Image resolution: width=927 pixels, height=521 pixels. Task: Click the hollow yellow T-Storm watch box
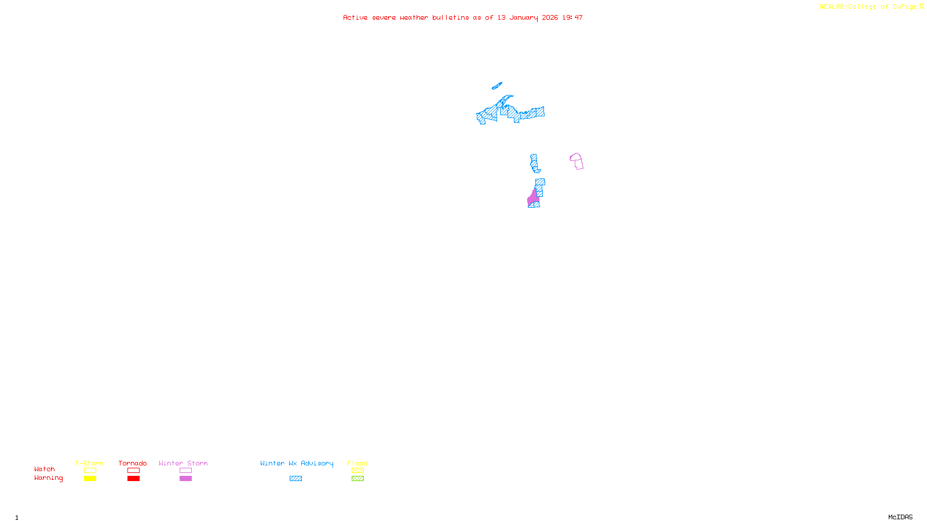click(90, 471)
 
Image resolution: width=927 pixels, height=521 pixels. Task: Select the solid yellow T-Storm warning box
click(90, 479)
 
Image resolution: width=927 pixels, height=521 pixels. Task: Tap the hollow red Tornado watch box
click(133, 471)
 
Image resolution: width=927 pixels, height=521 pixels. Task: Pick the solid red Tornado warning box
click(133, 479)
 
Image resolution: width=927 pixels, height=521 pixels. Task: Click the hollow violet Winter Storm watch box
click(185, 471)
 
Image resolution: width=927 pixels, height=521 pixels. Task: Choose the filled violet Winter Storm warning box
click(185, 479)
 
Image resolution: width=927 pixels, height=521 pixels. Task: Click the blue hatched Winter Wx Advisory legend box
click(295, 479)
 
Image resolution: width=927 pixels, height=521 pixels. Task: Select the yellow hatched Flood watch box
click(357, 471)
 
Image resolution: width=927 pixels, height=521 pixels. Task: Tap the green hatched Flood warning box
click(357, 479)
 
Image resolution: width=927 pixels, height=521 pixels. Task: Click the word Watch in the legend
click(45, 469)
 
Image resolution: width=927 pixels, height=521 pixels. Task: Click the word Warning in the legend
click(48, 478)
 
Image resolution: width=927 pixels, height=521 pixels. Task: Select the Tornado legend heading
click(133, 463)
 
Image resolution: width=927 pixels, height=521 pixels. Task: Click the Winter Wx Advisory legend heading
click(297, 463)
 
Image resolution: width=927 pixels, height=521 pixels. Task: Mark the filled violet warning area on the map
click(533, 199)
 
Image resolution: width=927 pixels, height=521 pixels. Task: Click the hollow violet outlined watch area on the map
click(577, 161)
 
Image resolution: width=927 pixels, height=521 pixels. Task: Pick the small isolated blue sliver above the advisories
click(497, 86)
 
